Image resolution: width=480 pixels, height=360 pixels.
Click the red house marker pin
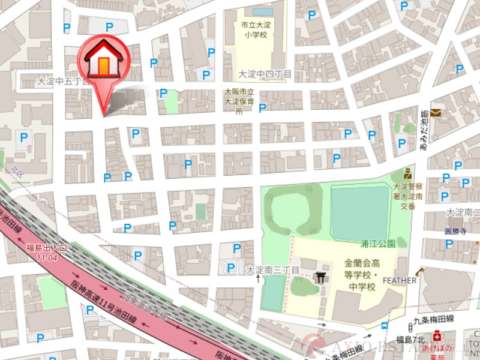[103, 60]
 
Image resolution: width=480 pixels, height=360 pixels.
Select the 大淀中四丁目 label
[264, 74]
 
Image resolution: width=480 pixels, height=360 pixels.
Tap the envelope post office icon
[436, 113]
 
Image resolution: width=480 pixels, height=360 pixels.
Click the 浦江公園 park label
[377, 244]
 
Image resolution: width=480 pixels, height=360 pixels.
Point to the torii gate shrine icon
[321, 277]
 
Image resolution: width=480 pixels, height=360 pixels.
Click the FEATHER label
[399, 280]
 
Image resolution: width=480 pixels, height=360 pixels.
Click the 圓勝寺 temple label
[455, 230]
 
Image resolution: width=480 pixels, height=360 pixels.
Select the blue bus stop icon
[384, 326]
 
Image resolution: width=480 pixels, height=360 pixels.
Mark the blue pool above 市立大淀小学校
[262, 11]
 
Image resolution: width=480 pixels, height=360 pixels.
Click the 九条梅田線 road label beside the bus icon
[433, 320]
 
